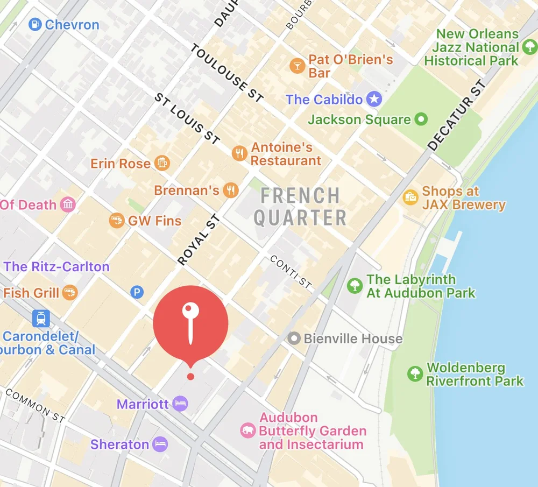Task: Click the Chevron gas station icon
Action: tap(35, 24)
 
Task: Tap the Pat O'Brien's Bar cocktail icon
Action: tap(296, 66)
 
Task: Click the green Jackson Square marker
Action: tap(422, 119)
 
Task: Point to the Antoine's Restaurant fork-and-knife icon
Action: tap(239, 153)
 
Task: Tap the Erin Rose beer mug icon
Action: tap(161, 163)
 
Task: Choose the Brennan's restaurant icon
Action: tap(231, 190)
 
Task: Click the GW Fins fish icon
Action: tap(116, 220)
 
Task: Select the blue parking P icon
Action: tap(137, 292)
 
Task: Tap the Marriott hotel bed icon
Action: tap(181, 404)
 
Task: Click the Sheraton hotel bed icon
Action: tap(160, 444)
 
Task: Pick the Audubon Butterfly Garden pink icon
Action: tap(247, 430)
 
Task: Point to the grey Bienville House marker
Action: tap(294, 338)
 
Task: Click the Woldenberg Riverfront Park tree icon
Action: tap(415, 373)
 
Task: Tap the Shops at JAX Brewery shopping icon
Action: tap(410, 197)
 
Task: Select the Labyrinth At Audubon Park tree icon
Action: tap(355, 286)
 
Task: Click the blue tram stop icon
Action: tap(41, 319)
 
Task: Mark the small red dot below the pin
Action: tap(190, 376)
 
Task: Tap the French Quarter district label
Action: tap(300, 207)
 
